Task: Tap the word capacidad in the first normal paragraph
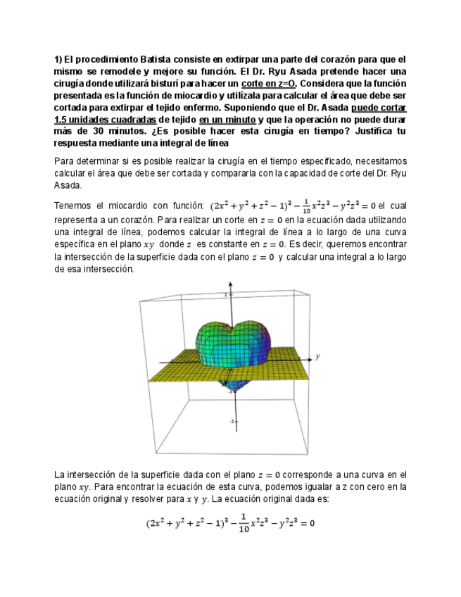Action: (x=308, y=174)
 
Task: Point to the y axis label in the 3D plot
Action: (x=318, y=356)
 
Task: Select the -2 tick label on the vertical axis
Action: (x=233, y=421)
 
